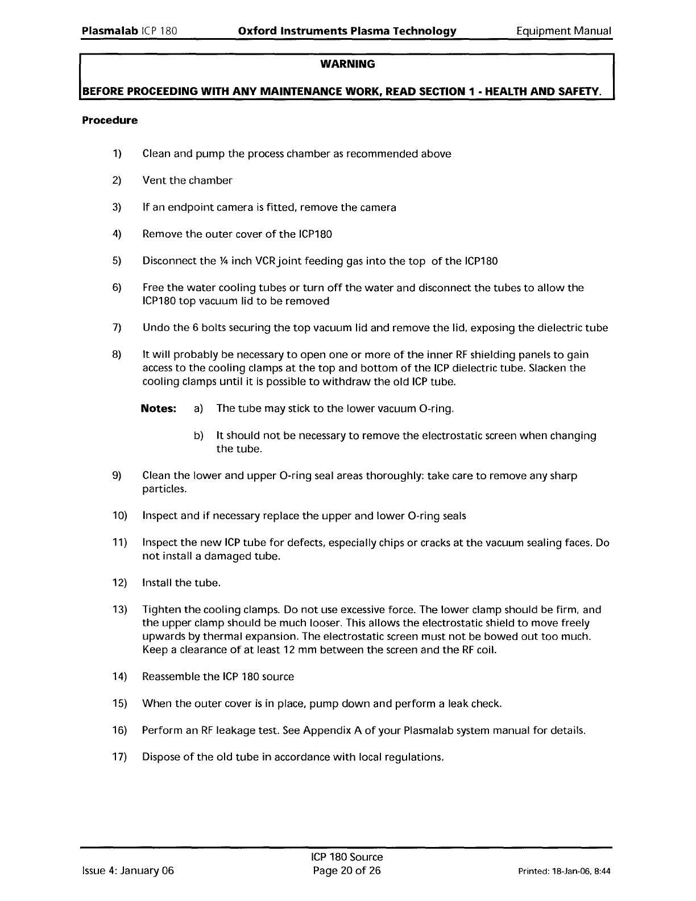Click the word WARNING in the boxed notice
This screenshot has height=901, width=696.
(x=347, y=64)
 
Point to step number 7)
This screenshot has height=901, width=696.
(x=117, y=328)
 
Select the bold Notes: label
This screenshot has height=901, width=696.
(x=159, y=408)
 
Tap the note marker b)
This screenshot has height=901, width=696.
(x=198, y=436)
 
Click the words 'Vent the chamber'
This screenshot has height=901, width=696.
(x=187, y=180)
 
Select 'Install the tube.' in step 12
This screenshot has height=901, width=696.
(x=181, y=583)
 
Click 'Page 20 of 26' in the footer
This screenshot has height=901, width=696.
(x=347, y=871)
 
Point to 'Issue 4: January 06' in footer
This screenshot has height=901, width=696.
(x=128, y=871)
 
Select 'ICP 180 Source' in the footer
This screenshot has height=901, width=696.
(x=347, y=857)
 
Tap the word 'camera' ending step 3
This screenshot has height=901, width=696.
(x=378, y=207)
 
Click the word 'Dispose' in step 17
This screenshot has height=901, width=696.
(x=160, y=757)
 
